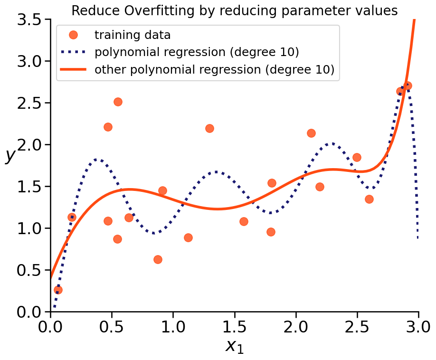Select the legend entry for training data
pyautogui.click(x=133, y=35)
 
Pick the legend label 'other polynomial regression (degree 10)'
pyautogui.click(x=215, y=70)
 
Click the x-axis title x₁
pyautogui.click(x=234, y=346)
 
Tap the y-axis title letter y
pyautogui.click(x=9, y=155)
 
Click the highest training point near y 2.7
pyautogui.click(x=407, y=86)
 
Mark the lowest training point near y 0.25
pyautogui.click(x=58, y=290)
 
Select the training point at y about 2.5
pyautogui.click(x=118, y=102)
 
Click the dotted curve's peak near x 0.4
pyautogui.click(x=97, y=160)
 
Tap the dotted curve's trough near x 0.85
pyautogui.click(x=155, y=233)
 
